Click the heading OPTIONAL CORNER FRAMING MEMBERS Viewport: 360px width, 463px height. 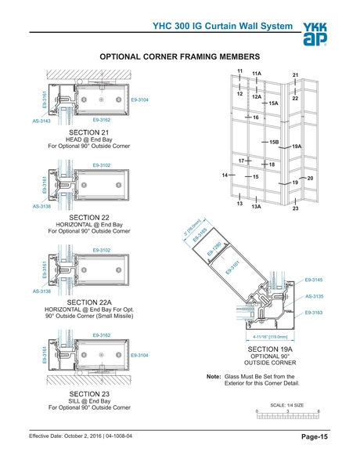pyautogui.click(x=179, y=57)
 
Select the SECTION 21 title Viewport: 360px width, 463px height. pyautogui.click(x=88, y=132)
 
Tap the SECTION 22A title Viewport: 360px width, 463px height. pyautogui.click(x=88, y=301)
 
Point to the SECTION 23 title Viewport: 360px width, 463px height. pyautogui.click(x=88, y=393)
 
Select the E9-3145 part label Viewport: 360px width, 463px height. pyautogui.click(x=314, y=280)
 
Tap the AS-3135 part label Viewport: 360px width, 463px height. pyautogui.click(x=314, y=296)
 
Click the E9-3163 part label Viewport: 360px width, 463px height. pyautogui.click(x=314, y=313)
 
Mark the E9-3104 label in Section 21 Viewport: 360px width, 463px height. pyautogui.click(x=140, y=100)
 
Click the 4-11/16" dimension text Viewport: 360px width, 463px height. pyautogui.click(x=272, y=337)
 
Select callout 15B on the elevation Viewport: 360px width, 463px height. pyautogui.click(x=274, y=142)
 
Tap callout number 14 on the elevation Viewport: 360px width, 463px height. pyautogui.click(x=225, y=174)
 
